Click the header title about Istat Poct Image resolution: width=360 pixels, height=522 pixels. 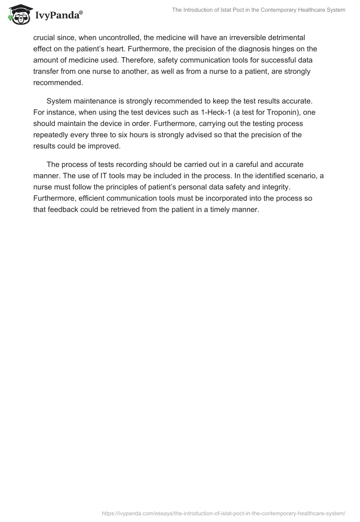pos(259,10)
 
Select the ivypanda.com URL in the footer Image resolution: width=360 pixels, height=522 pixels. pos(224,513)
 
